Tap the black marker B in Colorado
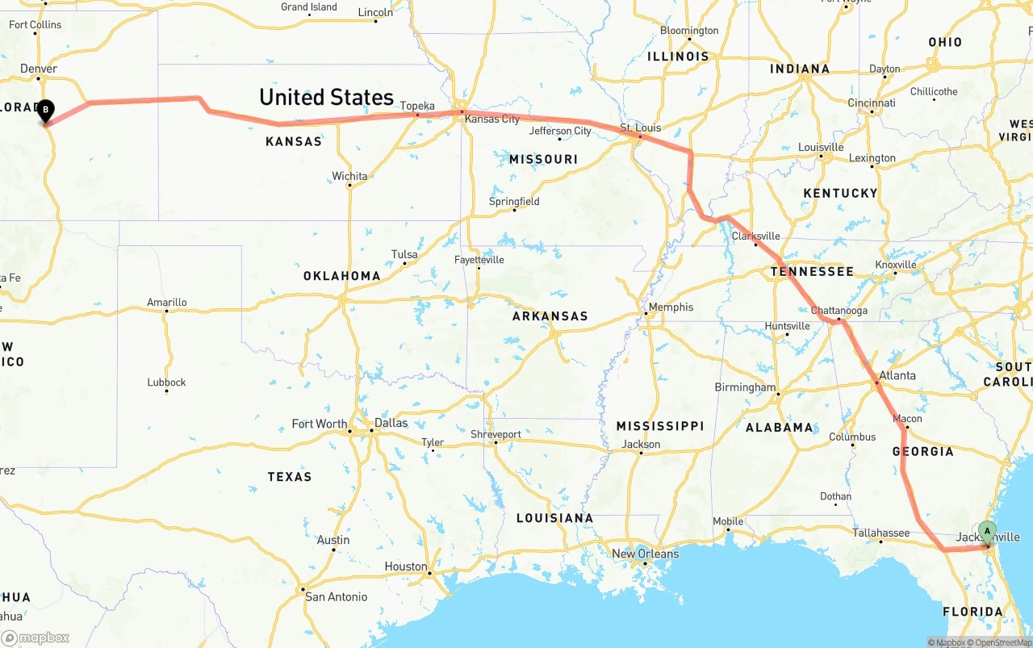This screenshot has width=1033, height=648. [x=46, y=110]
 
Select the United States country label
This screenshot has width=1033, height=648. [x=326, y=98]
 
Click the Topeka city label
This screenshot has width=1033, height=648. [x=417, y=106]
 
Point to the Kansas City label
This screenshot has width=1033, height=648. [x=492, y=119]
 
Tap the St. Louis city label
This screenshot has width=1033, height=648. [x=640, y=128]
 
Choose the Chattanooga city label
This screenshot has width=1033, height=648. [x=839, y=311]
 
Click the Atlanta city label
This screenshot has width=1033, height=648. [x=897, y=375]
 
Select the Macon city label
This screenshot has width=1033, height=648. [x=908, y=419]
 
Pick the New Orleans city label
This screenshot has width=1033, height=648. [x=646, y=554]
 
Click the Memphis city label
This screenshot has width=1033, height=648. [x=671, y=307]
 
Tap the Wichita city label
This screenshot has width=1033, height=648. [x=349, y=176]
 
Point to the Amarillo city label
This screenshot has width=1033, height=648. [x=167, y=303]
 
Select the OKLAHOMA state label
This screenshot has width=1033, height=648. [x=342, y=276]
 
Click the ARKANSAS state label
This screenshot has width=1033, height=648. [x=550, y=316]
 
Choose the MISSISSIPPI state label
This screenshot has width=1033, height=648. [x=660, y=426]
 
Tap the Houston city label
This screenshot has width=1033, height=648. [x=406, y=566]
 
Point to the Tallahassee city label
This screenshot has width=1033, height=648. [x=881, y=533]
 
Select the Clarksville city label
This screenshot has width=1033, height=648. [x=756, y=236]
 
